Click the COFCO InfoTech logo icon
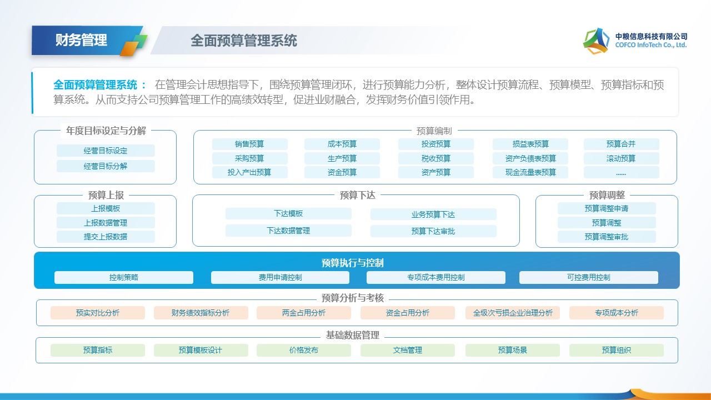coord(596,41)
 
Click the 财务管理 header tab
coord(81,40)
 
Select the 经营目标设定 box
coord(106,151)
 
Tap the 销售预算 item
coord(249,144)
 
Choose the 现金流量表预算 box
coord(530,172)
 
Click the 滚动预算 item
coord(621,158)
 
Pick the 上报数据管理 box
coord(106,223)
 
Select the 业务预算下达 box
coord(433,214)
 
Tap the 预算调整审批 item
coord(607,237)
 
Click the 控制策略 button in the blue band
coord(124,277)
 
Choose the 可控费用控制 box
coord(588,277)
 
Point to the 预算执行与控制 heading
coord(353,263)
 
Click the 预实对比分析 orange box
coord(98,313)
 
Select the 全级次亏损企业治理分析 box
coord(513,313)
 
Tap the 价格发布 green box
coord(304,350)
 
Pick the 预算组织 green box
coord(616,350)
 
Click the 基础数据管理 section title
coord(353,335)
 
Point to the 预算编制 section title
coord(434,131)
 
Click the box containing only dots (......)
coord(621,172)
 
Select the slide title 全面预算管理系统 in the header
coord(244,41)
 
